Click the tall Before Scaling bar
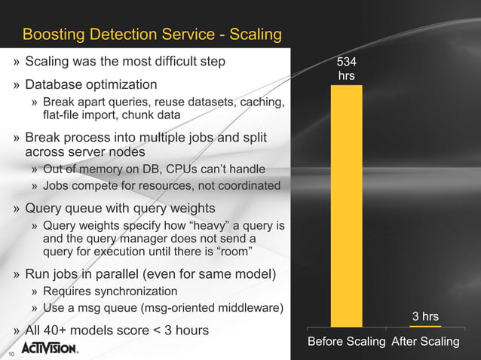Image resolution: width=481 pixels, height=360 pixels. click(x=346, y=203)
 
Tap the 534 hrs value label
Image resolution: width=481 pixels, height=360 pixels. click(x=346, y=69)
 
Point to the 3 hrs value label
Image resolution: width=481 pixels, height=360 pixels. click(x=425, y=316)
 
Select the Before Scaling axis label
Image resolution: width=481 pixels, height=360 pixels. click(x=346, y=342)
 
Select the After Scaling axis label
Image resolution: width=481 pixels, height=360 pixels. click(x=425, y=342)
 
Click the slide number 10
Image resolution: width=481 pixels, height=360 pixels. click(x=11, y=354)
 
